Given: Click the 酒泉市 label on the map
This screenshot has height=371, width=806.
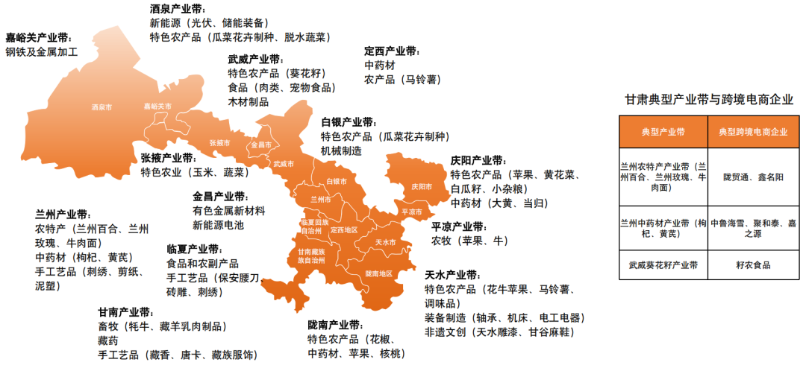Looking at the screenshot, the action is pyautogui.click(x=101, y=107).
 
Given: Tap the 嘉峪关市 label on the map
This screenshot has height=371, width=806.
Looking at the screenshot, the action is pyautogui.click(x=157, y=107).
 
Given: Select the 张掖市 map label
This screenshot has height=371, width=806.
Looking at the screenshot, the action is pyautogui.click(x=220, y=142).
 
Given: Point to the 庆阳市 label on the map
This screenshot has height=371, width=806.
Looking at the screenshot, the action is pyautogui.click(x=422, y=186).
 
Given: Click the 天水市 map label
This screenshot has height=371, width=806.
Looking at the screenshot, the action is pyautogui.click(x=385, y=243).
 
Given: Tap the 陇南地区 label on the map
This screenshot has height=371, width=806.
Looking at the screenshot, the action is pyautogui.click(x=378, y=273).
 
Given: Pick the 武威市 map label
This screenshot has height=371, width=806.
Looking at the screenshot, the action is pyautogui.click(x=284, y=163).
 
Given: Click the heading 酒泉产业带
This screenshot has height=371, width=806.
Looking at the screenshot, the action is pyautogui.click(x=178, y=9).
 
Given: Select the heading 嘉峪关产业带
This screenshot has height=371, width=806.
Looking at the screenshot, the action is pyautogui.click(x=39, y=37).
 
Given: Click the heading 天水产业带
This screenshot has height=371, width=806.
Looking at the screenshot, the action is pyautogui.click(x=453, y=275).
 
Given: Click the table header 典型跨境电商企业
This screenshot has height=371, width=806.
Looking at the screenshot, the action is pyautogui.click(x=753, y=132).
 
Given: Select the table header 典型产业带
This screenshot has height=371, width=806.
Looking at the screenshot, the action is pyautogui.click(x=663, y=132).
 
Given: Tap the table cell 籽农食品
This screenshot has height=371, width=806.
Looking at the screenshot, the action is pyautogui.click(x=753, y=264).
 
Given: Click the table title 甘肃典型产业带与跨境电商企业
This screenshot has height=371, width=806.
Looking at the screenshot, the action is pyautogui.click(x=708, y=99).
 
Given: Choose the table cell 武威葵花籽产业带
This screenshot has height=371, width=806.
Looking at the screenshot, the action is pyautogui.click(x=663, y=264).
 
